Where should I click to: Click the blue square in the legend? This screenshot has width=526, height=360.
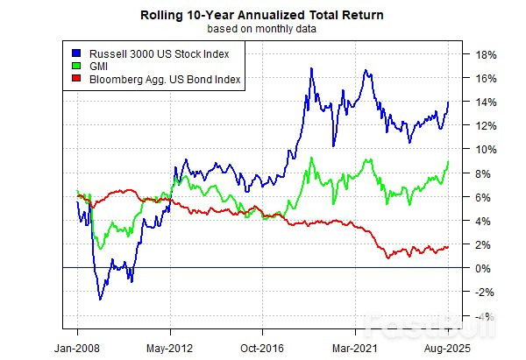77,53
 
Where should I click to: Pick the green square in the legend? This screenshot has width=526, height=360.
77,67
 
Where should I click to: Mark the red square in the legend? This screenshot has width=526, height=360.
77,80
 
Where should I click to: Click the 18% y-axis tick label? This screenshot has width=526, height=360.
487,54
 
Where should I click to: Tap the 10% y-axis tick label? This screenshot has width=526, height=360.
487,149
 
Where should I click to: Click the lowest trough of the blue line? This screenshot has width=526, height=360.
100,300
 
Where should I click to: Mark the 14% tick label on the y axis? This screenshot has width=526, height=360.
487,102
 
